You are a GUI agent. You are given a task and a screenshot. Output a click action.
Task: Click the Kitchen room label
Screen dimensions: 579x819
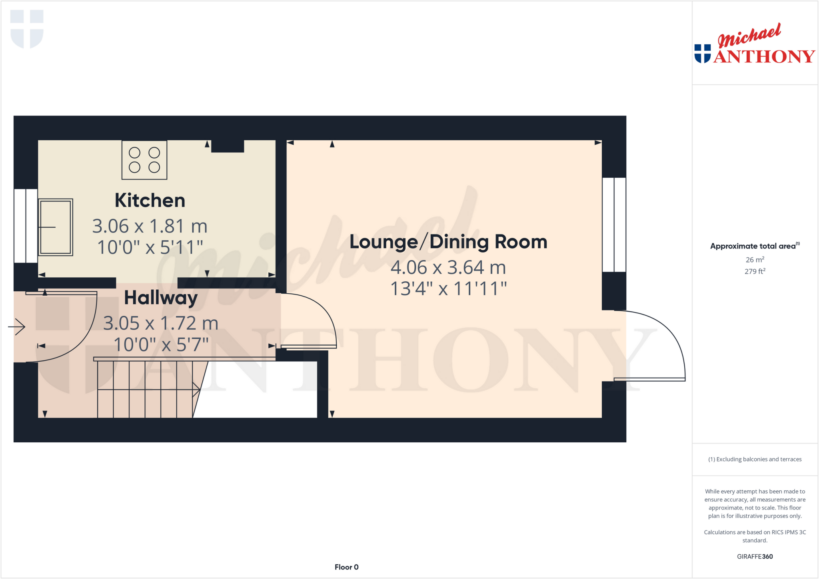tap(150, 201)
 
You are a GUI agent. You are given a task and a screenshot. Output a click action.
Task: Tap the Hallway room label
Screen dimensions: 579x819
tap(161, 298)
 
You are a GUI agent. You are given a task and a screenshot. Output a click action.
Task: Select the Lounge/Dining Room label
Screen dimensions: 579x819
tap(448, 242)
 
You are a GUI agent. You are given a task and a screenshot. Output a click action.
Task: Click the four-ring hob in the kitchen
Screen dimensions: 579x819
tap(144, 160)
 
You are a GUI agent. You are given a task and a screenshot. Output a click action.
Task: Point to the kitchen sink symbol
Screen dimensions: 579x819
tap(56, 227)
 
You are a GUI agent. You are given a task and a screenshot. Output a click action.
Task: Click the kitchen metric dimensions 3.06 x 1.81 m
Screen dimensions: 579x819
tap(150, 226)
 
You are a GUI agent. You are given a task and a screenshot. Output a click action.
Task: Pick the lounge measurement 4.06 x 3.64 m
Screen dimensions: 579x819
tap(448, 268)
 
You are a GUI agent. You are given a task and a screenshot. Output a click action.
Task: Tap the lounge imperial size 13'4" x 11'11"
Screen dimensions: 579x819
tap(448, 289)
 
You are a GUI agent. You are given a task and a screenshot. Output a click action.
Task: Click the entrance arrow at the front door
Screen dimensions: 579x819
tap(17, 327)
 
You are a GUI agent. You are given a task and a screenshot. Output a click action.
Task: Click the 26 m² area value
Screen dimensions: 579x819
tap(755, 260)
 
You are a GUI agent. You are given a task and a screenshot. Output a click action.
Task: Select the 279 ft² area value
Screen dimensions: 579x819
tap(755, 271)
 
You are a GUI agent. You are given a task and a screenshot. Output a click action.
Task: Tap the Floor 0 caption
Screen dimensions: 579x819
tap(346, 567)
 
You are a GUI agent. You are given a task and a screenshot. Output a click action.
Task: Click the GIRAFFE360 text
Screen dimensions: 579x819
tap(755, 556)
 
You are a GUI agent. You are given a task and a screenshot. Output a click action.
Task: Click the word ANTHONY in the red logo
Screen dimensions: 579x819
tap(764, 57)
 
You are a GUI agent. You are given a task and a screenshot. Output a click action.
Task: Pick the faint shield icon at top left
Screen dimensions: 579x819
tap(27, 29)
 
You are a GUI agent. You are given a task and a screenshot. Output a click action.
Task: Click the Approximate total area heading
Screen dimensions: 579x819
tap(754, 246)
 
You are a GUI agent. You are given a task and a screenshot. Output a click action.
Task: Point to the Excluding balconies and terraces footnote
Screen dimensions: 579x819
tap(755, 459)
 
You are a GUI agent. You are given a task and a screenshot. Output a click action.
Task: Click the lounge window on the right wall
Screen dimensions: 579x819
tap(614, 225)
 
